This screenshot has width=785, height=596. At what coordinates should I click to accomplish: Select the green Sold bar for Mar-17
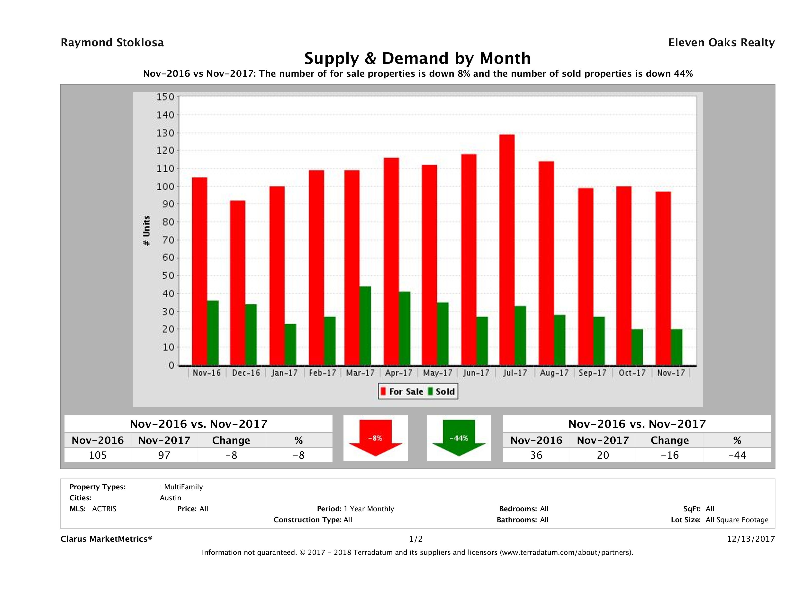tap(365, 326)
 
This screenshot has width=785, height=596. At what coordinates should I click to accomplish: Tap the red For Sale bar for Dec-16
tap(237, 283)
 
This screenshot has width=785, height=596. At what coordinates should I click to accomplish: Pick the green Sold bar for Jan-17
tap(290, 345)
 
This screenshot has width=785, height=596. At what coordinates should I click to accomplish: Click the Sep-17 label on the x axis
tap(592, 373)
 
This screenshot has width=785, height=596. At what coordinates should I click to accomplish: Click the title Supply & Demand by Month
tap(417, 58)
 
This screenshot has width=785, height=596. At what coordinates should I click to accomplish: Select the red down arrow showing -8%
tap(375, 438)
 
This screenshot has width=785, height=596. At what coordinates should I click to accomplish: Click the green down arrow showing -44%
tap(459, 438)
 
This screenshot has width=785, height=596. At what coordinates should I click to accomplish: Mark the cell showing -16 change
tap(670, 455)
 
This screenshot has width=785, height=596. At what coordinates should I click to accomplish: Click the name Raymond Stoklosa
tap(112, 43)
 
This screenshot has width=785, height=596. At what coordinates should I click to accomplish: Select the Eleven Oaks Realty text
tap(721, 43)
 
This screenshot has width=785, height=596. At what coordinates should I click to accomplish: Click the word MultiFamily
tap(183, 487)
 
